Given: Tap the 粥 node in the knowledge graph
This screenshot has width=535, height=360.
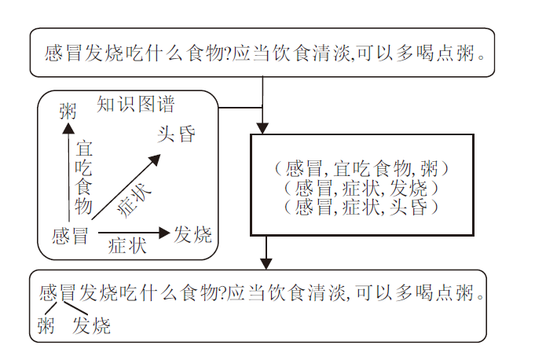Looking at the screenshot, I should coord(68,112).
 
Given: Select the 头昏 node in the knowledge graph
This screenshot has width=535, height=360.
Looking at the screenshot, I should coord(176,134).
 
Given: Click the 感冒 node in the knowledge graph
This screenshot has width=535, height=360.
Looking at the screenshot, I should coord(70,235).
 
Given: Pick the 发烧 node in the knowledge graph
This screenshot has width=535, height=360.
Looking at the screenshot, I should coord(192,234).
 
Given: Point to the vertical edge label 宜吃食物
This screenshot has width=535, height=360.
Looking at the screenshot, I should coord(83,178).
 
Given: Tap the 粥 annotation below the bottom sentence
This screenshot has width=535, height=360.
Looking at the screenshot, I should coord(46,325).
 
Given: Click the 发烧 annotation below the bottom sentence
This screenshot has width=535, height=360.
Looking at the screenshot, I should coord(92,325).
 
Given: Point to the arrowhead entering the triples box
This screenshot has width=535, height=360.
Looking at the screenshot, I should coord(264,128).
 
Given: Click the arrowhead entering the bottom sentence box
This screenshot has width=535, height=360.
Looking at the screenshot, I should coord(266,263).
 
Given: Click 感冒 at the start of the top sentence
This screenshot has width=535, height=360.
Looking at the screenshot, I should coord(64,55).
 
